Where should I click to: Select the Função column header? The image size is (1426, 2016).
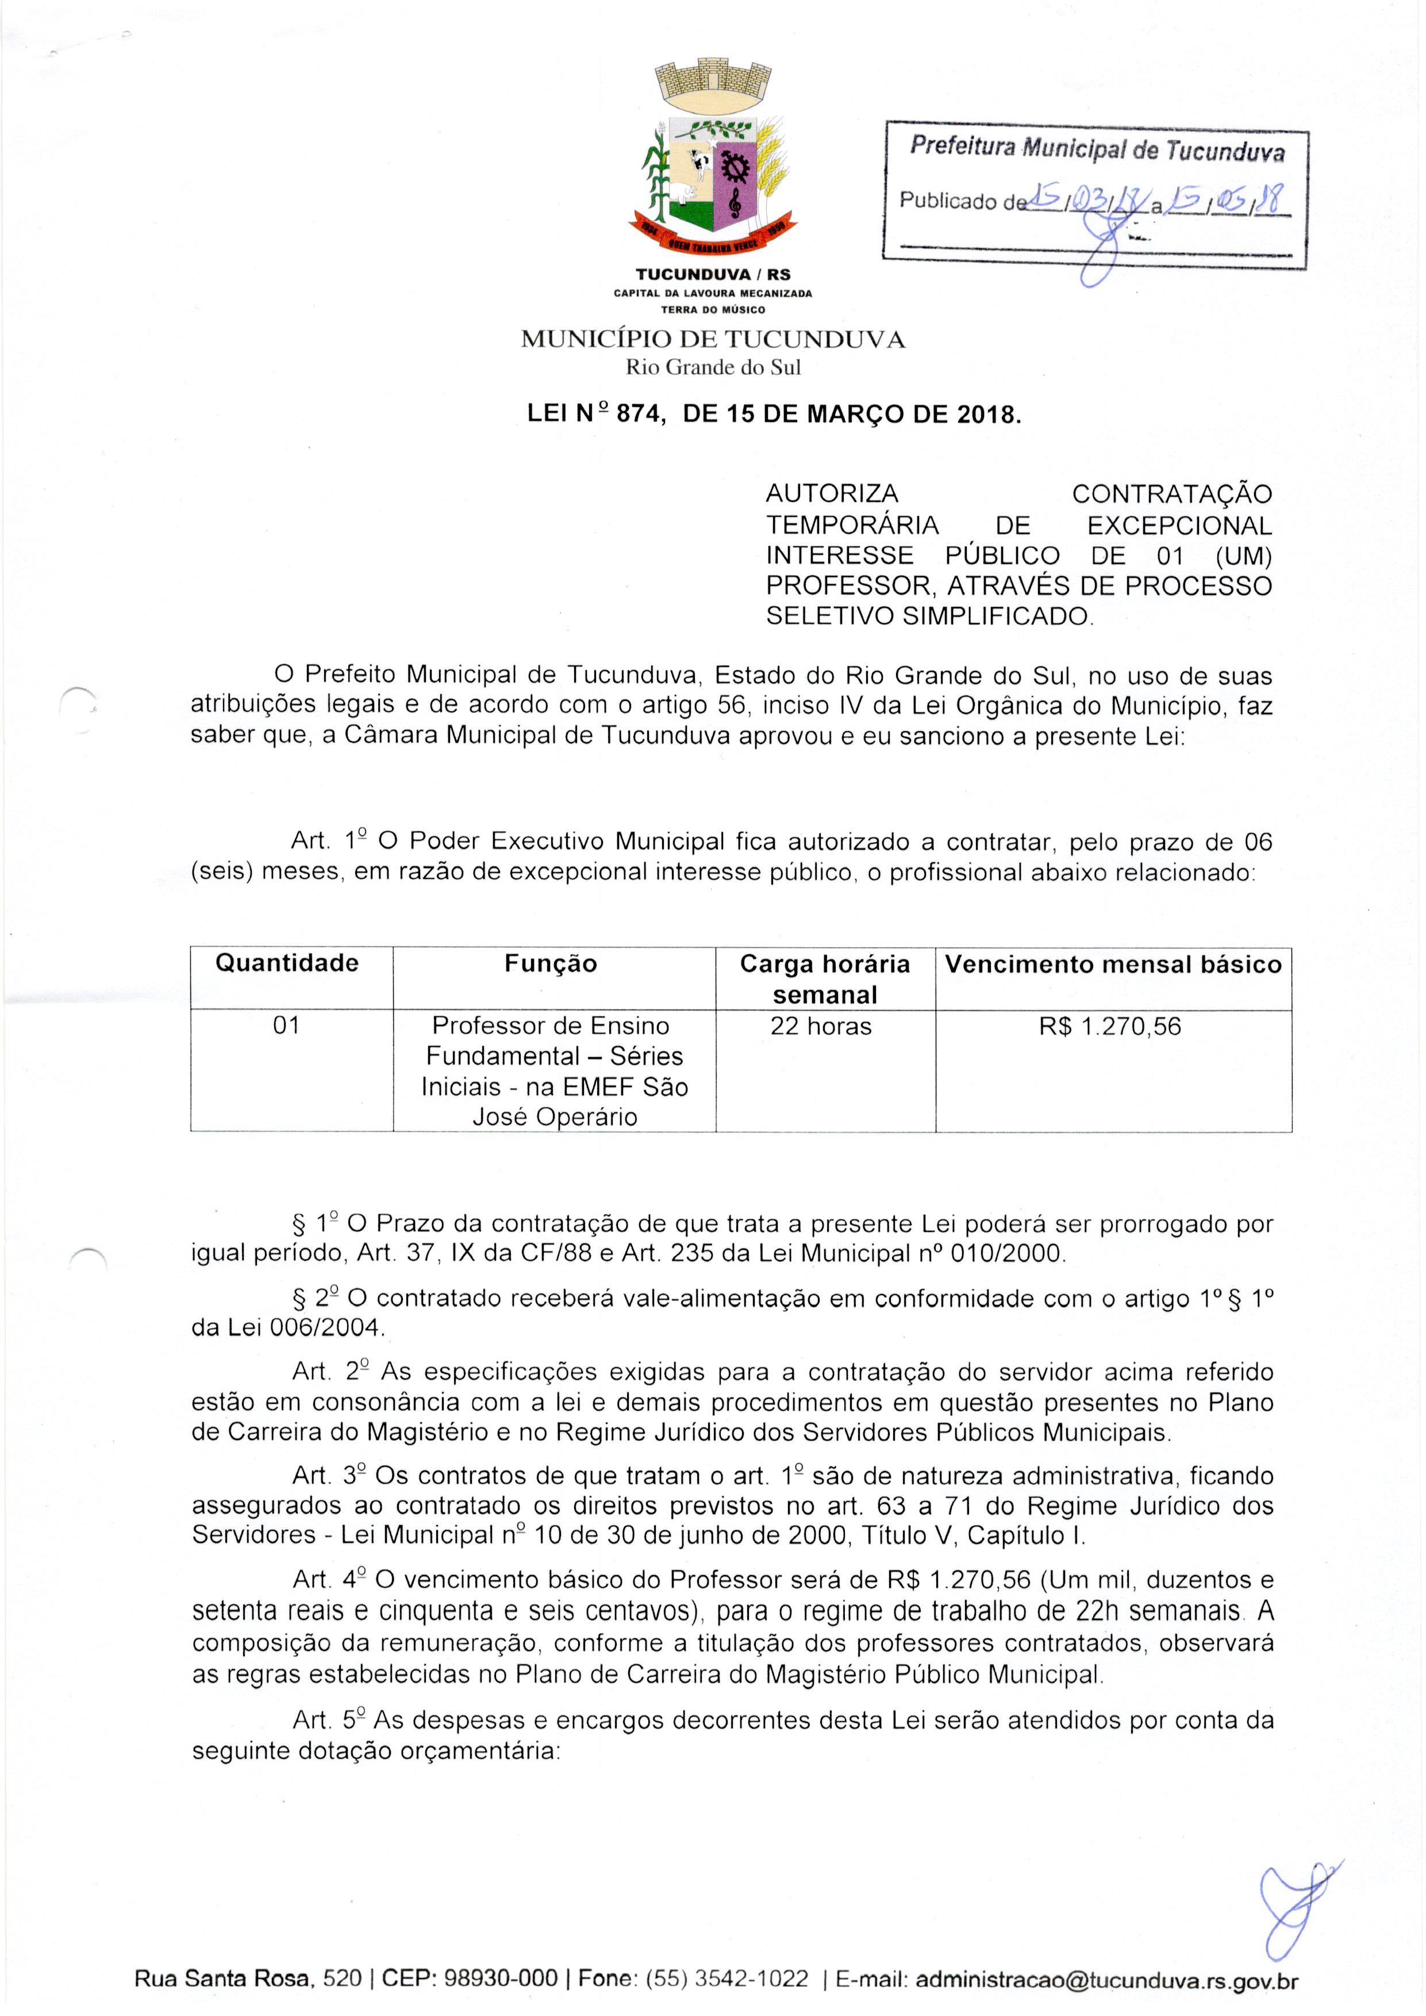pyautogui.click(x=551, y=964)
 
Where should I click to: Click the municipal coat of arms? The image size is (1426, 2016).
pyautogui.click(x=712, y=158)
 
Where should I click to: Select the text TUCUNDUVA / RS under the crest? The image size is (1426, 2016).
pyautogui.click(x=712, y=275)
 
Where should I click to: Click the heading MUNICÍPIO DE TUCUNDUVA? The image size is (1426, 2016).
pyautogui.click(x=712, y=340)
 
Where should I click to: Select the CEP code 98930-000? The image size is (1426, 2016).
pyautogui.click(x=501, y=1980)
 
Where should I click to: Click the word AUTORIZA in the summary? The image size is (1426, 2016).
pyautogui.click(x=832, y=494)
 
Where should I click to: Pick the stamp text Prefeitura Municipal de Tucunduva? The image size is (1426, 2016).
pyautogui.click(x=1096, y=149)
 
